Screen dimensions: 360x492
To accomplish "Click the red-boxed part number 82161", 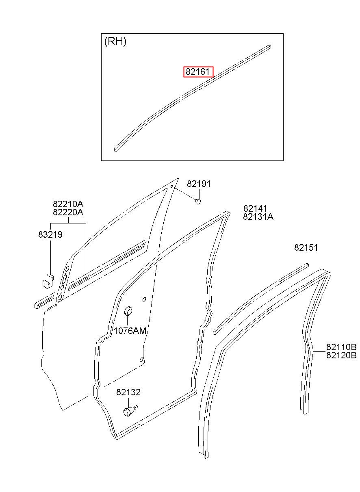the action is (197, 72).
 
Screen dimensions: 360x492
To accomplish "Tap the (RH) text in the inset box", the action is (115, 41).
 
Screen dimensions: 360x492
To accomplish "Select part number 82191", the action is (199, 184).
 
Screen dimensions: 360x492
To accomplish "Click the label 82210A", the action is (68, 204).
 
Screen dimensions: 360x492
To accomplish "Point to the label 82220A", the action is (68, 212).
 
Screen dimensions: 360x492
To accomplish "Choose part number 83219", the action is (50, 234).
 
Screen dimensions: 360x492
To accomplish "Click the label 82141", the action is (255, 208).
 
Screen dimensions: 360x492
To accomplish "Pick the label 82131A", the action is (258, 217).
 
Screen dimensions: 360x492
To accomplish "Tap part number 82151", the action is (306, 247).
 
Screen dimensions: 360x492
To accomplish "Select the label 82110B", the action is (341, 347).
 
